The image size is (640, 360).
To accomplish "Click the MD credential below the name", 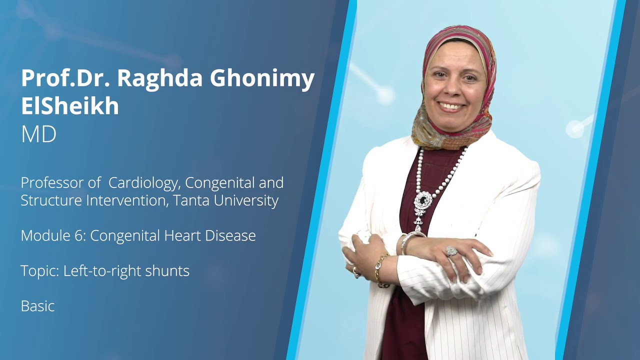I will click(38, 135).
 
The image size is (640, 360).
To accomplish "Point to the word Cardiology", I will click(142, 183).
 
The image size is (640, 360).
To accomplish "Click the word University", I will click(252, 201).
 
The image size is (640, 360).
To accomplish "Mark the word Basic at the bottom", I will click(37, 306).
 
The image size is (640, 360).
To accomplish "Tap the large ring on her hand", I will click(451, 250).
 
